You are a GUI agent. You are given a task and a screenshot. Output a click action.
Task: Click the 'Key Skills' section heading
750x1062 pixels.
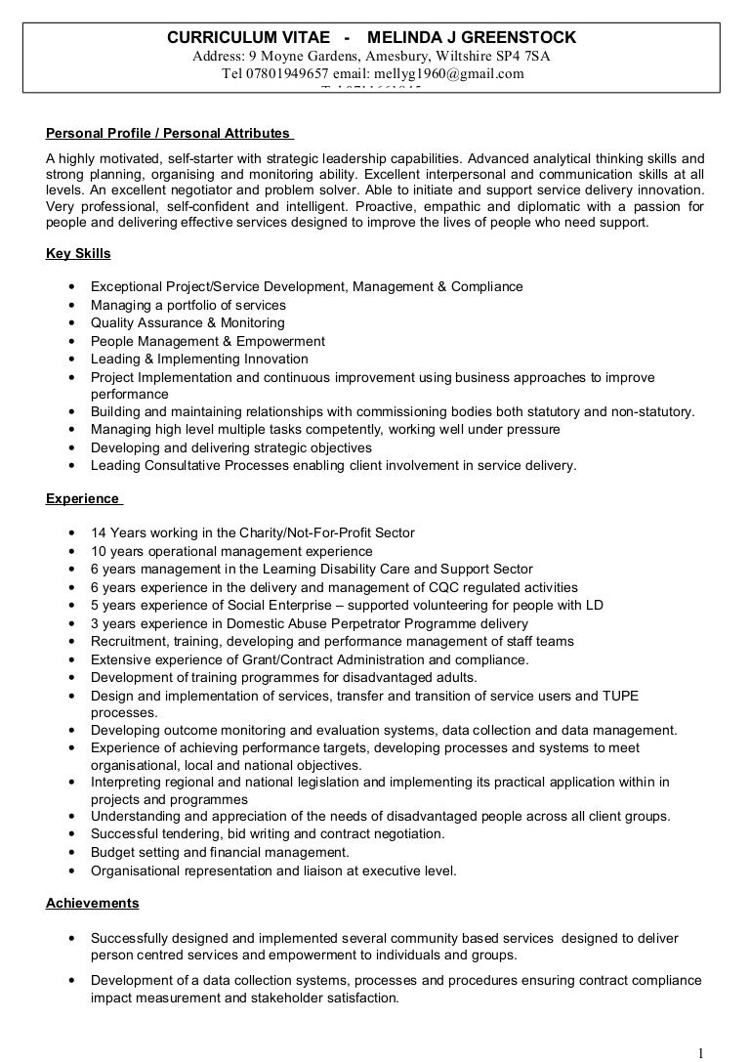78,254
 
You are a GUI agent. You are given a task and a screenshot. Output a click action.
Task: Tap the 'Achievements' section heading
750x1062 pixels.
92,903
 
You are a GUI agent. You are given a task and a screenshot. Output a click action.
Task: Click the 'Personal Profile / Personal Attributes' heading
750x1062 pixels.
168,133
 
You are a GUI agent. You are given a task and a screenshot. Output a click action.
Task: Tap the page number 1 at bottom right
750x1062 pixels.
701,1052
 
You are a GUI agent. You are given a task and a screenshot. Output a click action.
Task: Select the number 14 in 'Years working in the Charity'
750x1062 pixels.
99,533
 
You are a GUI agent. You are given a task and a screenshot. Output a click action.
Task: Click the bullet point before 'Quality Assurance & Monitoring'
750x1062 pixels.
73,323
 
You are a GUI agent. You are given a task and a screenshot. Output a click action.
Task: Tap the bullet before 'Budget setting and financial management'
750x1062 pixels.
73,853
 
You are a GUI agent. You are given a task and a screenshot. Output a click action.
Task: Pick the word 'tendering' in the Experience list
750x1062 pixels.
191,834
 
